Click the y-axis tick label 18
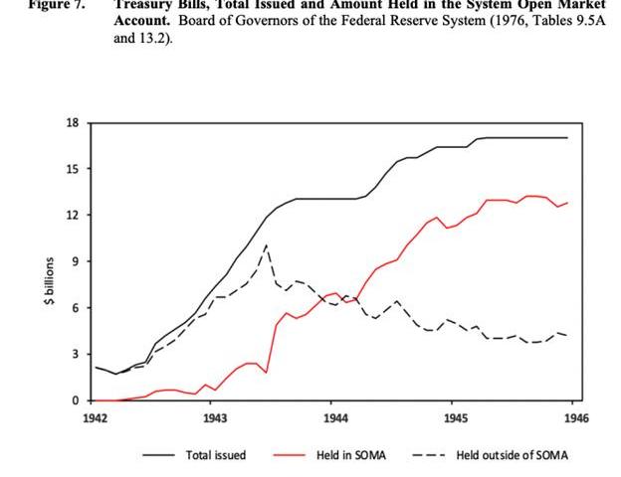[72, 122]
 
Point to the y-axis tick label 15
[72, 169]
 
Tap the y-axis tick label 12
[72, 216]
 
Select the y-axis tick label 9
[75, 261]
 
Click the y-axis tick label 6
[75, 308]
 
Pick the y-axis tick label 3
[75, 355]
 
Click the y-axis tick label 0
[75, 400]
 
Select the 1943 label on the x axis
[214, 419]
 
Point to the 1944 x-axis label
[334, 419]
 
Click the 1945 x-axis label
[455, 419]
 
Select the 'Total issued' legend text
[216, 455]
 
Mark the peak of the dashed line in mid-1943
[267, 244]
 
